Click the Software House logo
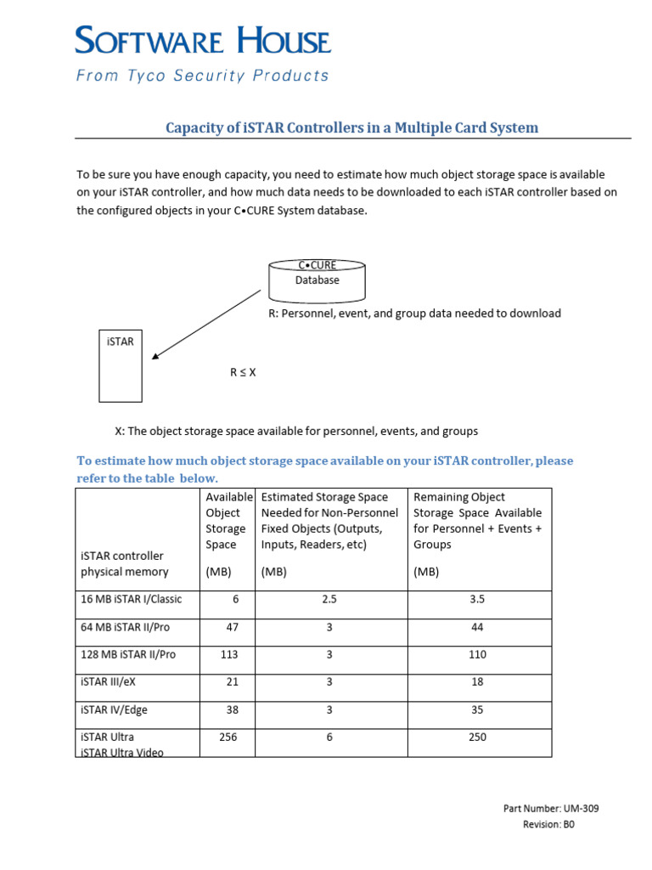click(x=203, y=41)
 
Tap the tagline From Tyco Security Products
click(x=203, y=76)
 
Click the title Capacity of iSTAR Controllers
click(x=351, y=127)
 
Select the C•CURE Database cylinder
click(x=317, y=280)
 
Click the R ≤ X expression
click(x=243, y=372)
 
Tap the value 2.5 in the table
click(x=329, y=599)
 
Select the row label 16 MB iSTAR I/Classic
click(x=131, y=599)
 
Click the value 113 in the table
click(x=228, y=654)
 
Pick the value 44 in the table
click(x=477, y=627)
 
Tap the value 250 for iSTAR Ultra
click(x=477, y=737)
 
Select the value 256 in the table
click(x=228, y=737)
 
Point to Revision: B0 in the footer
click(x=548, y=824)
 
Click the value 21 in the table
click(x=233, y=681)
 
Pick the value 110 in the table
click(x=477, y=654)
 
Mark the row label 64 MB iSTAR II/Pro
click(x=126, y=627)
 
